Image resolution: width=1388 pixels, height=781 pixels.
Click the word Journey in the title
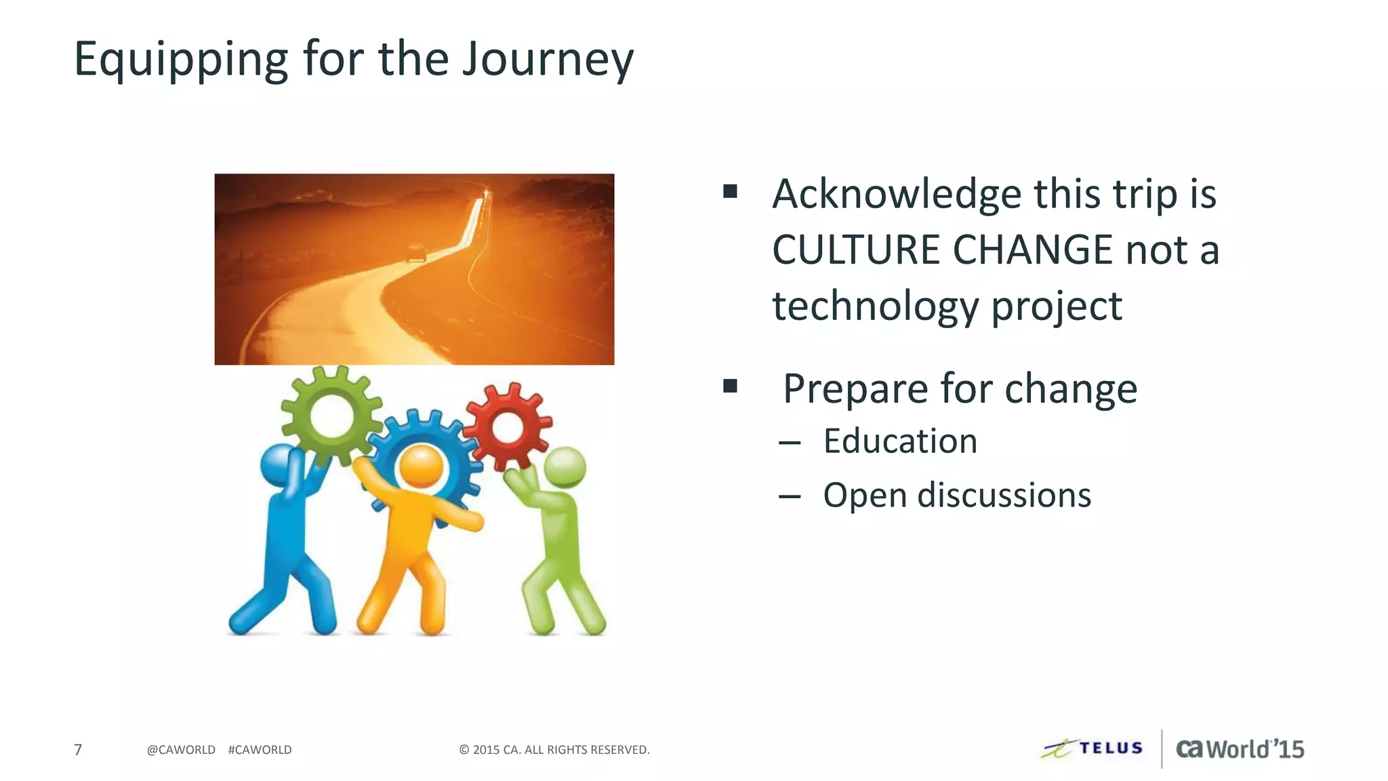click(548, 60)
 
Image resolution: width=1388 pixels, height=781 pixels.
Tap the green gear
click(331, 414)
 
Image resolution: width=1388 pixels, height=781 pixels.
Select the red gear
click(508, 426)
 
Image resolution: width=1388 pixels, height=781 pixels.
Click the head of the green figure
click(565, 466)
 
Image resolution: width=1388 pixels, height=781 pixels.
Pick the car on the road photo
click(416, 254)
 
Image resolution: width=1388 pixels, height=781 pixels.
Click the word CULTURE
click(855, 249)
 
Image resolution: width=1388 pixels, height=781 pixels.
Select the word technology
click(876, 306)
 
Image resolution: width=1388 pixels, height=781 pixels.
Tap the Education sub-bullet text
click(900, 441)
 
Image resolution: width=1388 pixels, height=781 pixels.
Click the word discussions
click(1004, 496)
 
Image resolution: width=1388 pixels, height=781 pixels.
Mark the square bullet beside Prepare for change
click(730, 386)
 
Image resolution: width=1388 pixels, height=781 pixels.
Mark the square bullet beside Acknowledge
click(730, 191)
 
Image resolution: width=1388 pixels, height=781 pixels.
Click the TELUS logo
click(1093, 748)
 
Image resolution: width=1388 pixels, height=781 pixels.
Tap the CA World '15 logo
click(1240, 749)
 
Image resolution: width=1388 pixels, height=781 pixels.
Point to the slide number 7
click(78, 750)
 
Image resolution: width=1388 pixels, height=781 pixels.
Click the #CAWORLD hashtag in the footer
click(260, 750)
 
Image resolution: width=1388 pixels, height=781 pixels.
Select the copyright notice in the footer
click(554, 750)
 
